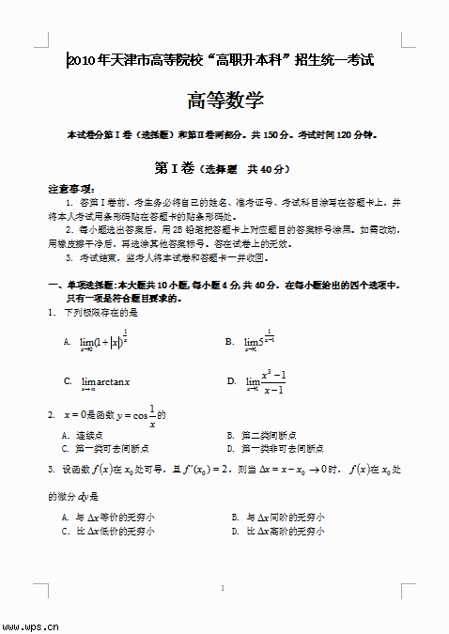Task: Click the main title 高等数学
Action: [225, 101]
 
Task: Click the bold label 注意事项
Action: [70, 189]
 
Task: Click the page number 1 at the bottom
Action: [223, 589]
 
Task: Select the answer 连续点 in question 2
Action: [88, 436]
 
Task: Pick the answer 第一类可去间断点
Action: [103, 449]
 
